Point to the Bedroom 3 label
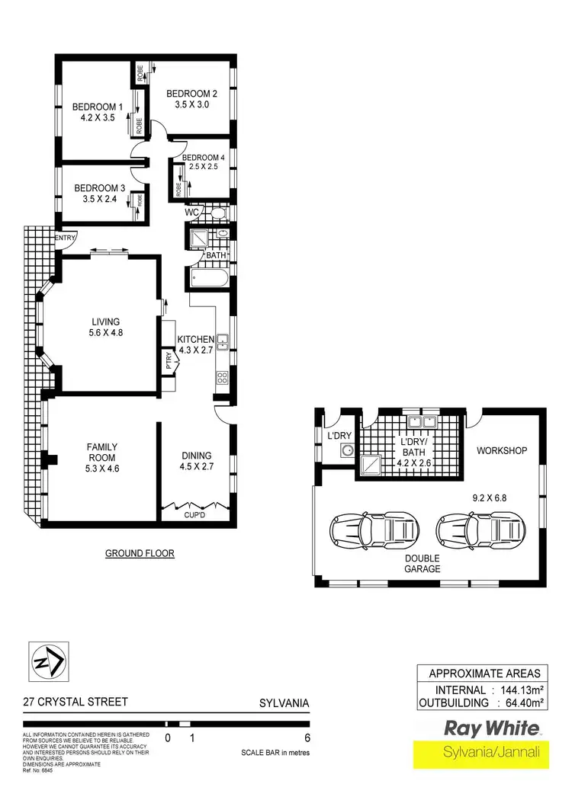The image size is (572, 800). tap(99, 188)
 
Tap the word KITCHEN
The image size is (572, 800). tap(196, 339)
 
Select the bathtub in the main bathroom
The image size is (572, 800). tap(207, 278)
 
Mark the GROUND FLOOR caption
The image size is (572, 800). tap(140, 554)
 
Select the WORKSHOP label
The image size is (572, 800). tap(502, 451)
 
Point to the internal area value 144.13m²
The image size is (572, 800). tap(517, 690)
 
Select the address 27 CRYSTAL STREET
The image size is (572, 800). tap(75, 702)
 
